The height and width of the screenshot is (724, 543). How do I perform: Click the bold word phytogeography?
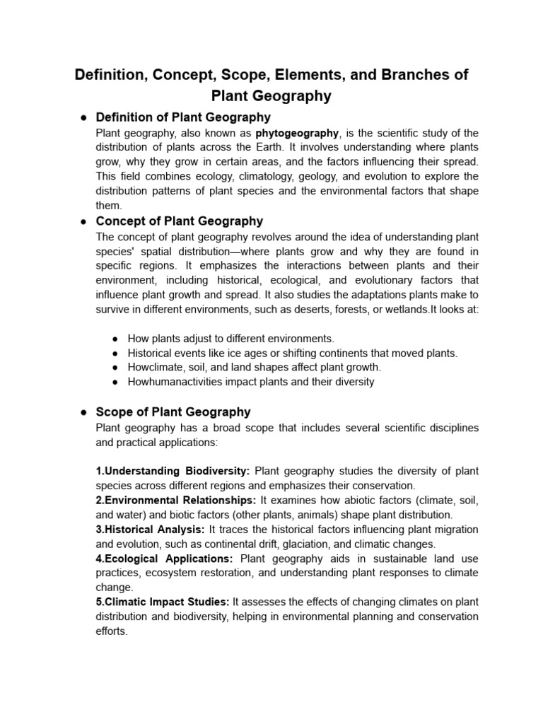tap(297, 133)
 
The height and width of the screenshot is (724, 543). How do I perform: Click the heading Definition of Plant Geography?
tap(183, 117)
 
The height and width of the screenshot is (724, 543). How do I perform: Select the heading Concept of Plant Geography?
tap(179, 221)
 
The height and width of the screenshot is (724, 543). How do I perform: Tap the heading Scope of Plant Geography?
tap(173, 411)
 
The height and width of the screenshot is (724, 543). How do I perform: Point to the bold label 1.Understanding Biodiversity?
tap(173, 471)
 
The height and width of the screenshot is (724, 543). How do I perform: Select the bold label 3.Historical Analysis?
tap(150, 530)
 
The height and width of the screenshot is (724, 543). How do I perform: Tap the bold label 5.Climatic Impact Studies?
tap(162, 602)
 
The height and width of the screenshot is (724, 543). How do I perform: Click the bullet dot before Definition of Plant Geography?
tap(83, 117)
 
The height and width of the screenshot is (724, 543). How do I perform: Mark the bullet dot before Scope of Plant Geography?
tap(83, 412)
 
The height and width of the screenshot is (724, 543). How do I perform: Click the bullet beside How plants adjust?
tap(115, 339)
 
